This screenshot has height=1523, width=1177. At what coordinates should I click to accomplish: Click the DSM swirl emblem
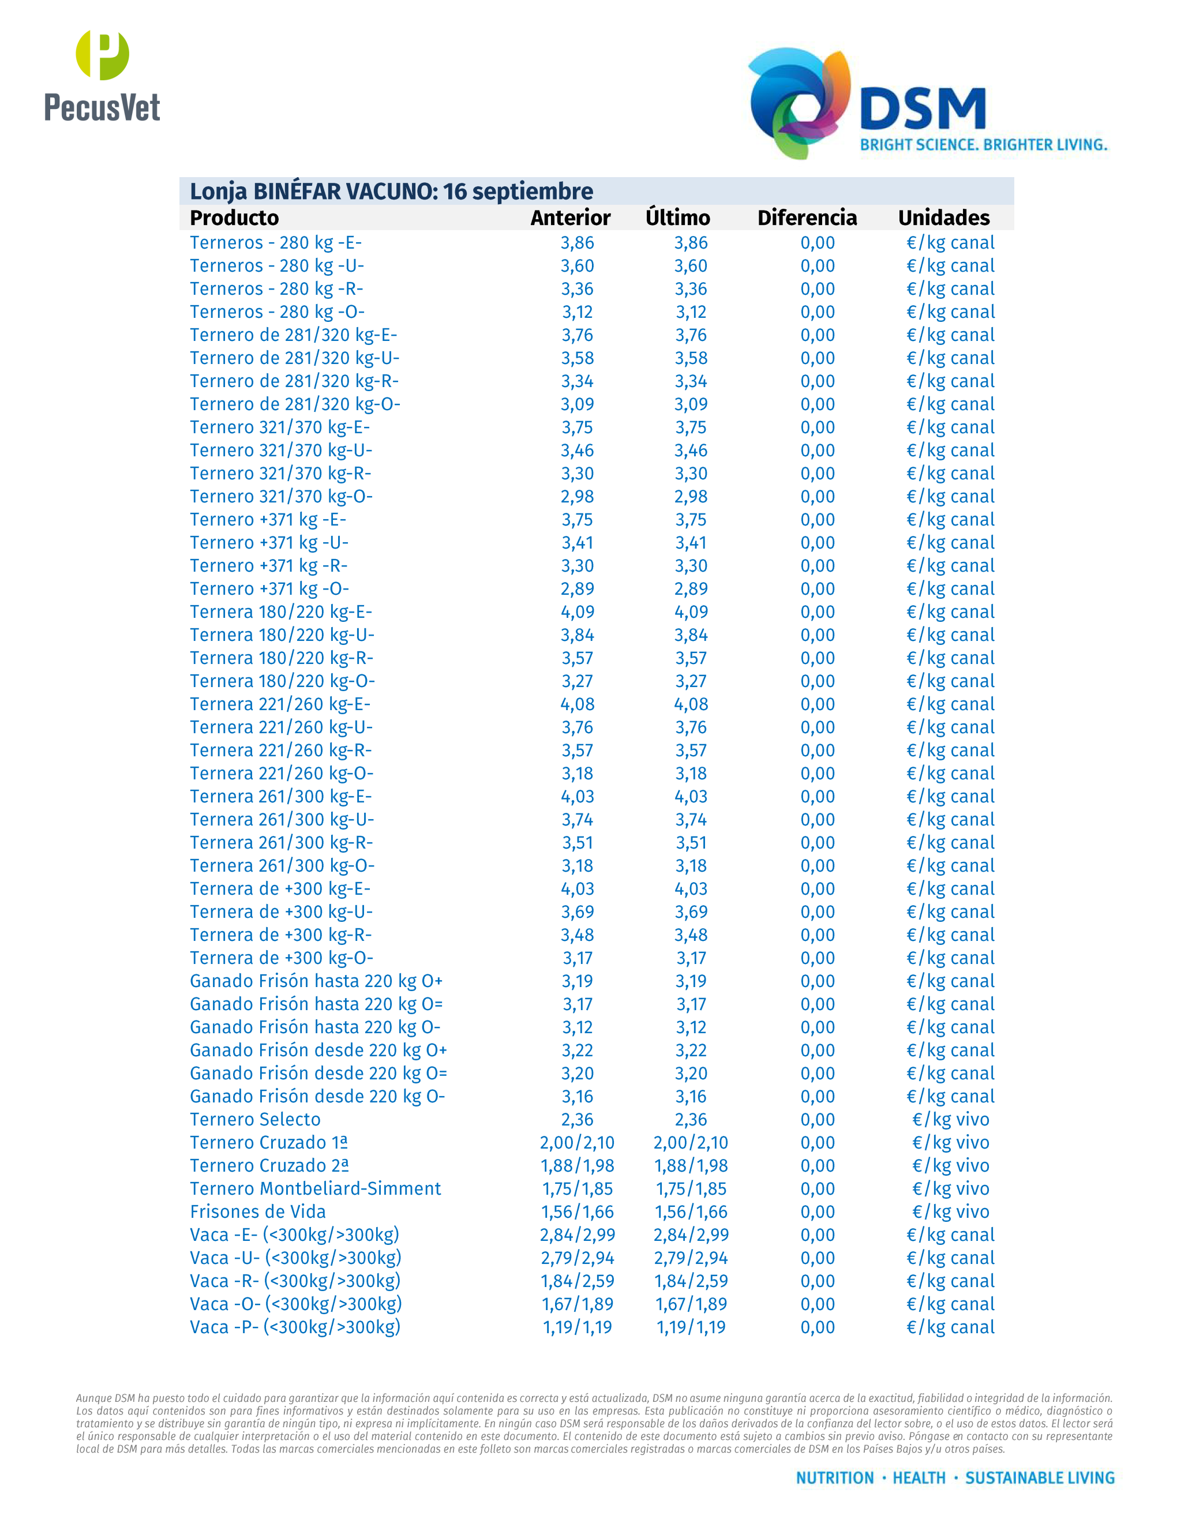(x=799, y=102)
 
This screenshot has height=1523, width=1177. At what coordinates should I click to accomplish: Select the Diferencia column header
(x=807, y=217)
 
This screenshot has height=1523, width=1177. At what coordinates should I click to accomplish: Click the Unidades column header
(x=943, y=217)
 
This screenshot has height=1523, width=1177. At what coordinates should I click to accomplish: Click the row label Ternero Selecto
(x=255, y=1119)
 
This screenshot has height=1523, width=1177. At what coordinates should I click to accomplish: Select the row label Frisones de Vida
(x=257, y=1211)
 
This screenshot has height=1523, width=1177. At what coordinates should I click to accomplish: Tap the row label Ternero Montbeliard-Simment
(x=315, y=1188)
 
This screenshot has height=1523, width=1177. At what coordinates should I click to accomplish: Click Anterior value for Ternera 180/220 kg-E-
(x=578, y=612)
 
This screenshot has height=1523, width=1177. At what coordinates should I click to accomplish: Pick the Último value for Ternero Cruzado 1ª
(x=690, y=1142)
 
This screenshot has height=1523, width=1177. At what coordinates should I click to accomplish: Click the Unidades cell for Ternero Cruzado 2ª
(x=950, y=1165)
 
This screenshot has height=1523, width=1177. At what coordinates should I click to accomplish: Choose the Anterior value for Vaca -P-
(x=578, y=1327)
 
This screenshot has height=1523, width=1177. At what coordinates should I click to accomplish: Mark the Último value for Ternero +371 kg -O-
(x=690, y=588)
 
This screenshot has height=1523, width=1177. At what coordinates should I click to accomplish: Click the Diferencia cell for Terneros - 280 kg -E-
(x=817, y=243)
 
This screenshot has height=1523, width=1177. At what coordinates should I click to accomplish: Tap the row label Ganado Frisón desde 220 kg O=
(x=318, y=1073)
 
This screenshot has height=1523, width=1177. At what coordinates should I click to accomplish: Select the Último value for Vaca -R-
(x=690, y=1281)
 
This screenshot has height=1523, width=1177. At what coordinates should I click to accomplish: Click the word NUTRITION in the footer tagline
(x=835, y=1477)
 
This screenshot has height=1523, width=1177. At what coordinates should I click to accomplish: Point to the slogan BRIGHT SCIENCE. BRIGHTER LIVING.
(x=983, y=145)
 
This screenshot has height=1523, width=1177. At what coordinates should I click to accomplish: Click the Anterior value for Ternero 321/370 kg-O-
(x=578, y=497)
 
